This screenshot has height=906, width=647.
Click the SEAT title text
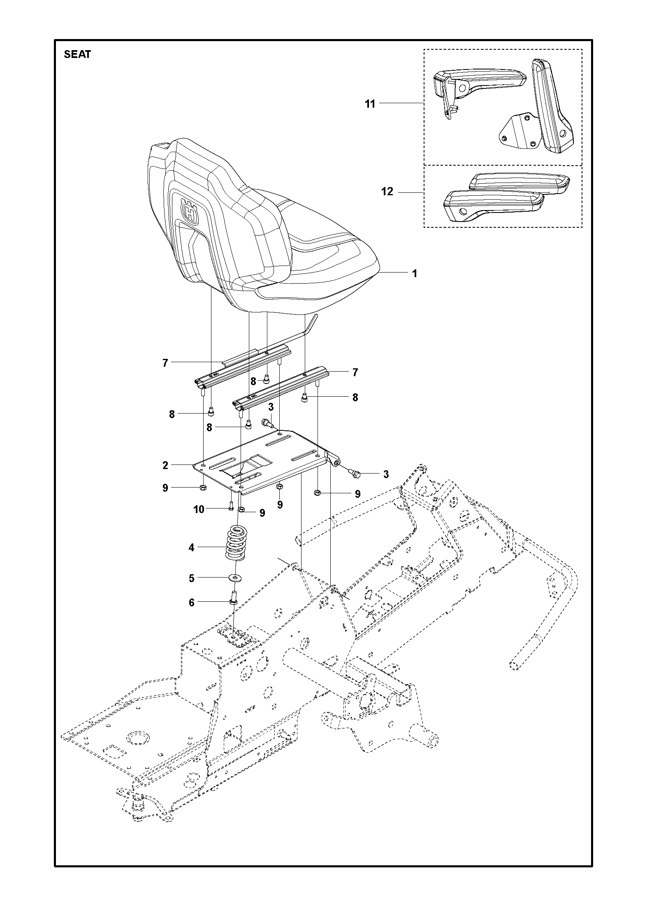(77, 55)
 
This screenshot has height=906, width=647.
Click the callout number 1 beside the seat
(415, 273)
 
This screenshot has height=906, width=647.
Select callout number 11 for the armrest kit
(370, 104)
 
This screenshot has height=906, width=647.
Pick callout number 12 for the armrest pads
(387, 192)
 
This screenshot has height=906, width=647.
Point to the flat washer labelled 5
(236, 578)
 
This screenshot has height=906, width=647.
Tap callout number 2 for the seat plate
(165, 465)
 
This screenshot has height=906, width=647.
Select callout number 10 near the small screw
(199, 510)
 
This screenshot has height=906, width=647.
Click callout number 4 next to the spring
(191, 548)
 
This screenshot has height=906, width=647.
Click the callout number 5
(191, 578)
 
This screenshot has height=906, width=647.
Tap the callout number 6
(191, 603)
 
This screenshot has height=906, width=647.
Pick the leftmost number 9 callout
(165, 488)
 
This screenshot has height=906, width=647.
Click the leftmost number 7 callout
(165, 363)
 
